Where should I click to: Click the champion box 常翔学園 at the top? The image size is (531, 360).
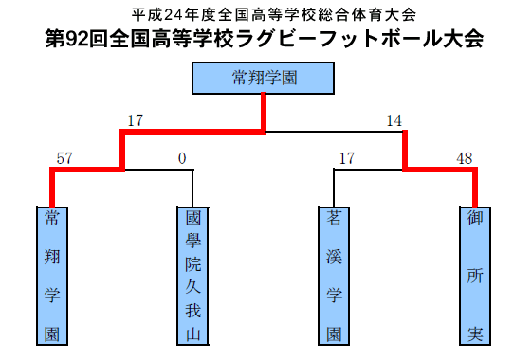click(264, 78)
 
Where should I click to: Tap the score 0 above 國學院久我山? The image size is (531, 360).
click(182, 158)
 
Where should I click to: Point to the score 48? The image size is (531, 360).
click(465, 158)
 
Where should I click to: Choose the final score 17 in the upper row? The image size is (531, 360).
click(135, 121)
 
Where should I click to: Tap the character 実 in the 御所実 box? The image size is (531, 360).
click(474, 333)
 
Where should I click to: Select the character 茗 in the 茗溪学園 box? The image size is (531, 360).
click(334, 219)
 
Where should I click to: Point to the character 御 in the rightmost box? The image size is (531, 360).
click(474, 219)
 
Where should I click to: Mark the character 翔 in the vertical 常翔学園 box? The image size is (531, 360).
click(51, 257)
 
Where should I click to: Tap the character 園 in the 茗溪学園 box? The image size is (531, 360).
click(334, 333)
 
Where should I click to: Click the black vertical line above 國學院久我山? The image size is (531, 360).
click(192, 189)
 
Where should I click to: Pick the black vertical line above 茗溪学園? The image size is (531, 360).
click(334, 189)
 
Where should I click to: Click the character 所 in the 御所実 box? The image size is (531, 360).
click(474, 276)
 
